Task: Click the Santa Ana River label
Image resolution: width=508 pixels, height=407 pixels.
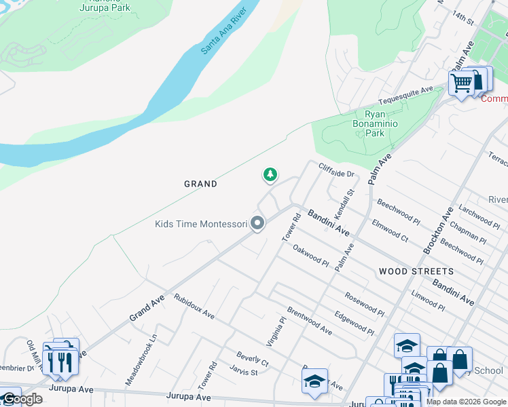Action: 221,33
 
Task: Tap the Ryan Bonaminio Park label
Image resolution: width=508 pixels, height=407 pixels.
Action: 374,124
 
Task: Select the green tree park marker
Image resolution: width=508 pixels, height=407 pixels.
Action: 270,175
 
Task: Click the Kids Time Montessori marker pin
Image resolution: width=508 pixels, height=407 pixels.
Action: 257,222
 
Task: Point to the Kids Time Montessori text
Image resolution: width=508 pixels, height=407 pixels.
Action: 200,224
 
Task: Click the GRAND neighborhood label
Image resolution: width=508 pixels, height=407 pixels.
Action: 200,184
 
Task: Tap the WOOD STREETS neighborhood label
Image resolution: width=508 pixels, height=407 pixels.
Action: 416,271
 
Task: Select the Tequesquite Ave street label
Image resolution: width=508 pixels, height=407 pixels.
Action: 405,96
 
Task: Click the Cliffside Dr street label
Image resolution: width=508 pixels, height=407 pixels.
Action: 337,170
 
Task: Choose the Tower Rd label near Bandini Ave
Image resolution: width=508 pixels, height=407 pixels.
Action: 291,227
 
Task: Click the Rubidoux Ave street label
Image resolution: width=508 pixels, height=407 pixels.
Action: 194,307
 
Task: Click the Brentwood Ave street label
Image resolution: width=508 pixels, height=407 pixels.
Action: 309,320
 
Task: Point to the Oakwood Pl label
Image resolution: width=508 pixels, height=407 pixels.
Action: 311,256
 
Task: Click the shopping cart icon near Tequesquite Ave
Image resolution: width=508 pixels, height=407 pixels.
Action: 461,83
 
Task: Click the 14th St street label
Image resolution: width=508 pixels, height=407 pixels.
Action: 465,18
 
